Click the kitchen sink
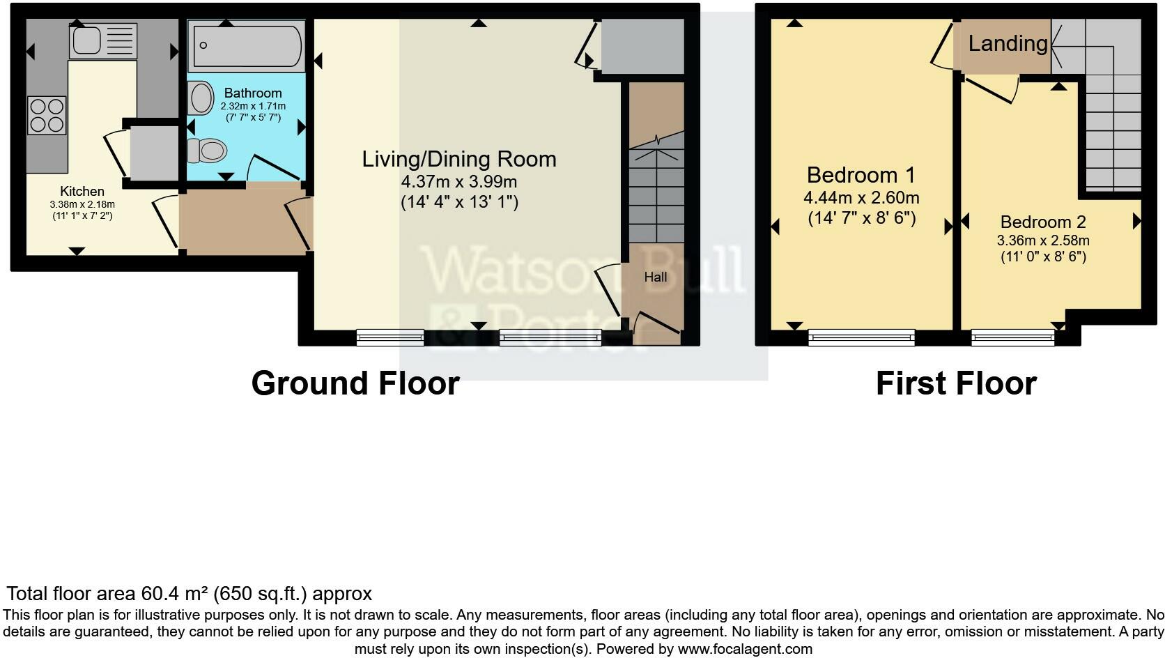103,41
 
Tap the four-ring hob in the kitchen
47,116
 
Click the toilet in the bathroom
208,150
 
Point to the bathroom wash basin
201,98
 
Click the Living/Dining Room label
458,159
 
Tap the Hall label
655,277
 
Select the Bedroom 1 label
861,174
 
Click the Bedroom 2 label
1042,222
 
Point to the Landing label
1008,43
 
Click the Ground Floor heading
355,383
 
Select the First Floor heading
955,383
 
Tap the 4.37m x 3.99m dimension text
458,183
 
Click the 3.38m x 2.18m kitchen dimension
82,204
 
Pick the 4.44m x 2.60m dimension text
861,197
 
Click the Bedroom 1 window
861,338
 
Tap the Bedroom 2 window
1013,338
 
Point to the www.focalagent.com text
744,649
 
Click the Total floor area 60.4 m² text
189,594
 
